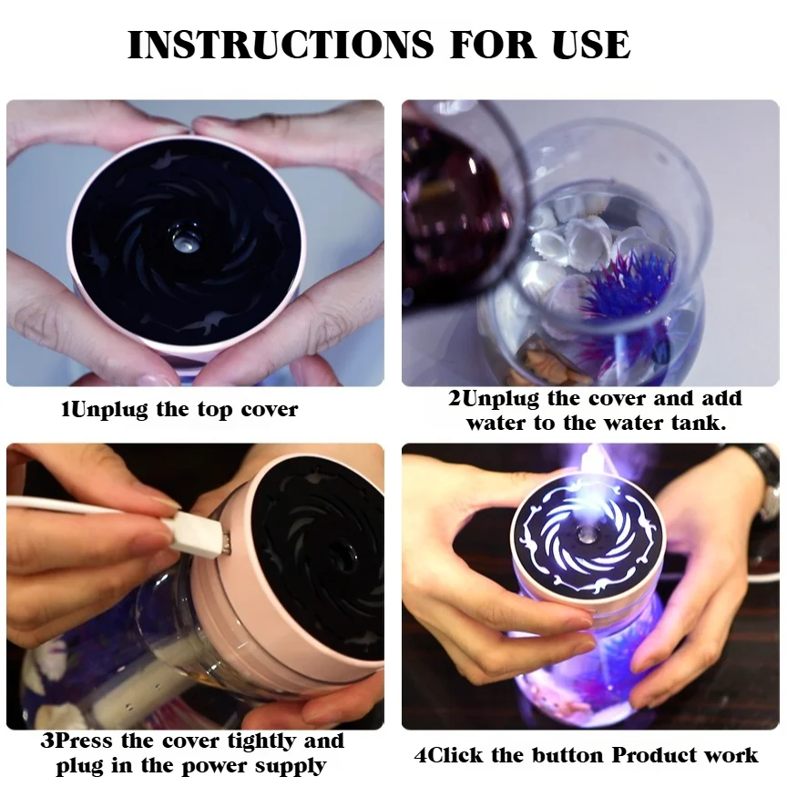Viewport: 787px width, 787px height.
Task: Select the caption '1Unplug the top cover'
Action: (179, 410)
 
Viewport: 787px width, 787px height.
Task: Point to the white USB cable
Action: (82, 506)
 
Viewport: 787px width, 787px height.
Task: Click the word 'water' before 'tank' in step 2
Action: (497, 424)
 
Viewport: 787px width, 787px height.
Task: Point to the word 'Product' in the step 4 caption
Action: (658, 755)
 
